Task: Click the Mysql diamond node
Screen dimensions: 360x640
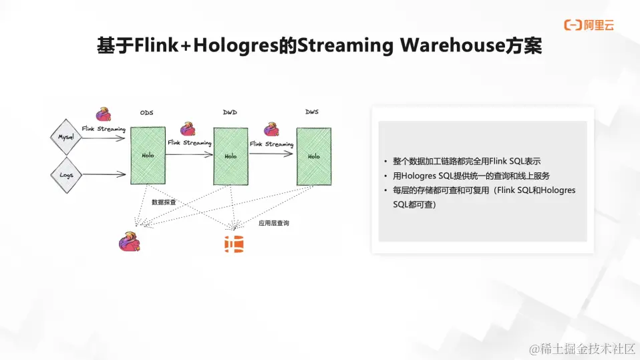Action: [x=65, y=136]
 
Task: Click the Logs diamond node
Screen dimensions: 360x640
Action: [x=65, y=175]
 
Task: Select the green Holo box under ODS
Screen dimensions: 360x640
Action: [x=148, y=156]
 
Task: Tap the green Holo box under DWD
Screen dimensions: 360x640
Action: [x=230, y=156]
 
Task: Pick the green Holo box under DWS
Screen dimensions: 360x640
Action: [x=313, y=156]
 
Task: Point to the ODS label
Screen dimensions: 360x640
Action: [x=146, y=113]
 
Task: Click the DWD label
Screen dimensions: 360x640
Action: [x=230, y=112]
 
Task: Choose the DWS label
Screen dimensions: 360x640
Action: [x=312, y=112]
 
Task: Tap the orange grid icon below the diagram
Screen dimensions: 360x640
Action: [x=234, y=244]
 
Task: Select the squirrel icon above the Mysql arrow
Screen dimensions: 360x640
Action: [x=103, y=114]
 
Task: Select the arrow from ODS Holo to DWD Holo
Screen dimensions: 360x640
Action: [x=189, y=154]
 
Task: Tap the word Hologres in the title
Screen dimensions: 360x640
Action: [x=238, y=46]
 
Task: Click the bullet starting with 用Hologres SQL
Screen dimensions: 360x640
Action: [x=475, y=176]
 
